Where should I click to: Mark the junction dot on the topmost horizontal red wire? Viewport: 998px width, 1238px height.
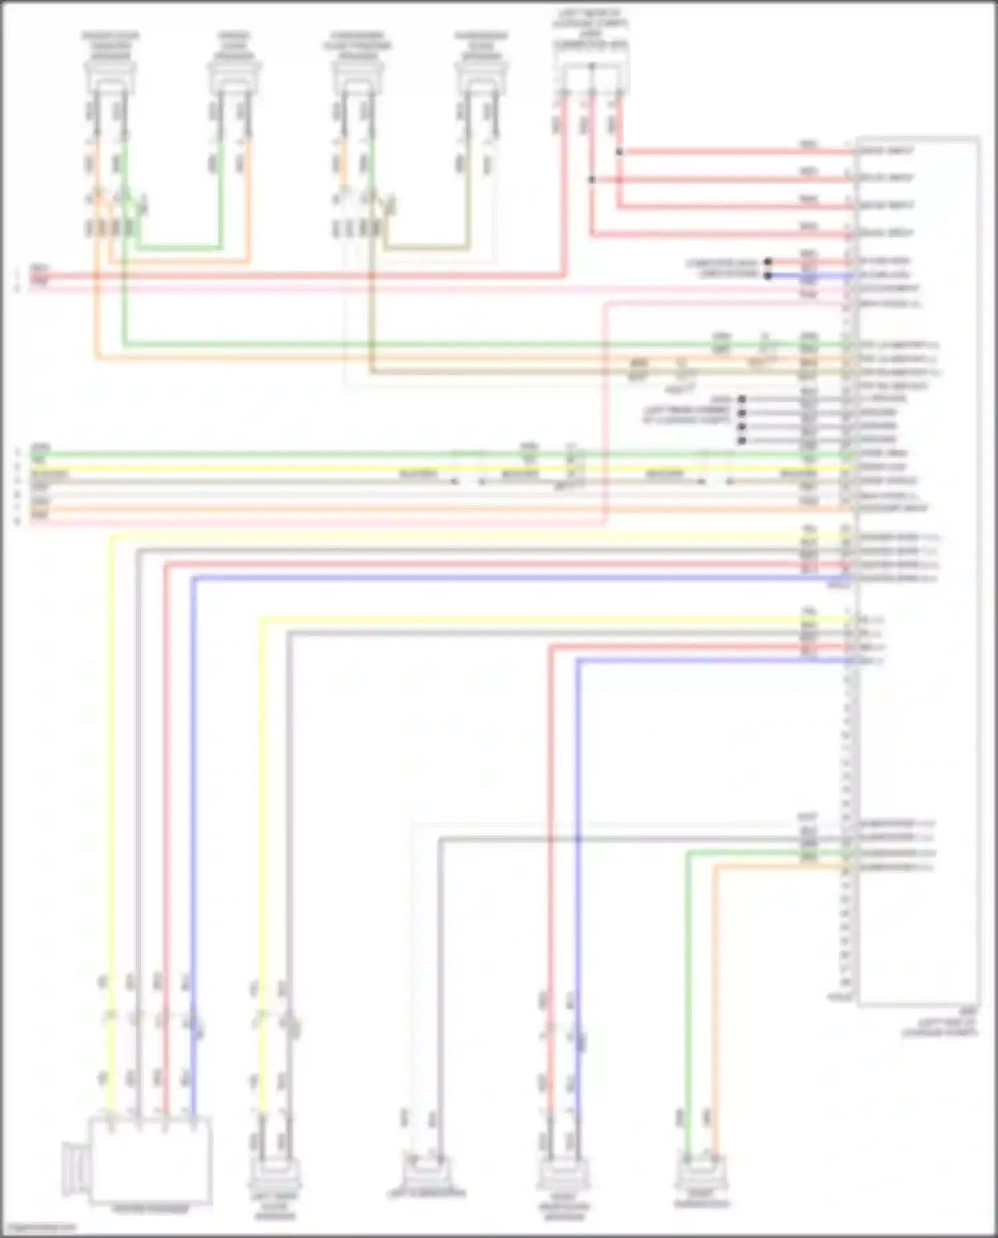[x=619, y=152]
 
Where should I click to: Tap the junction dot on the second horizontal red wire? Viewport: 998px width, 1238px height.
[x=591, y=180]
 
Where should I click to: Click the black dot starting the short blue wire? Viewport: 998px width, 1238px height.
[x=768, y=275]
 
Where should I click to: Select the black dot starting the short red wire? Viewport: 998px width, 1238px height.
[x=768, y=261]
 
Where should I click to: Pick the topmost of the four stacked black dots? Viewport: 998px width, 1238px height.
[x=742, y=399]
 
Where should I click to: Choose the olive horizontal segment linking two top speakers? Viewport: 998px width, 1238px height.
[x=426, y=248]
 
